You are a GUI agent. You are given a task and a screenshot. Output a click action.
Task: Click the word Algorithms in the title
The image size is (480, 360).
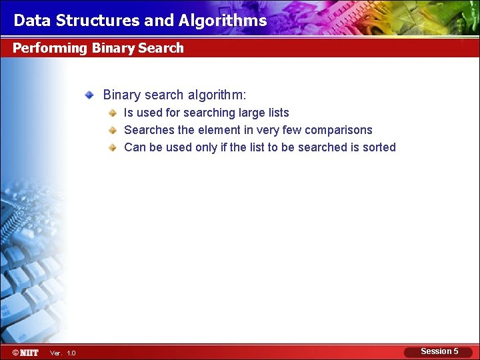tap(223, 21)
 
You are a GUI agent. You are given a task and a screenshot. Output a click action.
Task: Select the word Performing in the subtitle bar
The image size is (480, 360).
tap(50, 48)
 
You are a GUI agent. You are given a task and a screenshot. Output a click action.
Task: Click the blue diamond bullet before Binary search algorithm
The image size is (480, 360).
tap(89, 95)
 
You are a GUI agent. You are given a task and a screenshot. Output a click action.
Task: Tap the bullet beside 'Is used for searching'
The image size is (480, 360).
tap(114, 113)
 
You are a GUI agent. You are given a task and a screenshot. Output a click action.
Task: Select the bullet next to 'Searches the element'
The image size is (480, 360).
tap(114, 130)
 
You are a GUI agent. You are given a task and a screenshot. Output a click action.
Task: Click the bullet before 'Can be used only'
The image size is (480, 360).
tap(114, 147)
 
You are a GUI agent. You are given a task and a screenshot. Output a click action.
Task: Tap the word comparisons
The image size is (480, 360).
tap(339, 130)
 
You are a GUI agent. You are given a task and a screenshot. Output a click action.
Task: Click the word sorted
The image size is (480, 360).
tap(379, 147)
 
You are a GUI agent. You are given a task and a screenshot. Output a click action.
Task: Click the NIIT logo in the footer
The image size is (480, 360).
tap(25, 352)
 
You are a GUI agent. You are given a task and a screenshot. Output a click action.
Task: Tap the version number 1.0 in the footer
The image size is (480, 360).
tap(71, 353)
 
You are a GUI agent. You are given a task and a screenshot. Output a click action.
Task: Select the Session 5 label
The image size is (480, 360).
tap(439, 351)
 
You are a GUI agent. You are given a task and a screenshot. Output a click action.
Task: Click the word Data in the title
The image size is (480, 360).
tap(32, 21)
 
